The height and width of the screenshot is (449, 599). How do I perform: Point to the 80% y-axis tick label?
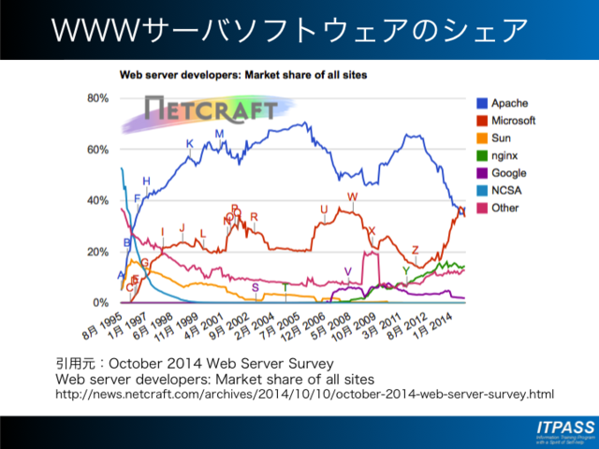tap(98, 98)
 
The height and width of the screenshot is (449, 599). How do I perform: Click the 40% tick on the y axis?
tap(98, 201)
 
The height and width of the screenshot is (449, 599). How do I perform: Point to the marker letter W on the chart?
tap(352, 196)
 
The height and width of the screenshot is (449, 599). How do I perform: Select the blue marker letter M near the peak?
tap(220, 134)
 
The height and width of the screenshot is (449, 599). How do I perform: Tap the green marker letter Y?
tap(405, 270)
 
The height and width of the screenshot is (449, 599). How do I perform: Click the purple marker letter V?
tap(347, 271)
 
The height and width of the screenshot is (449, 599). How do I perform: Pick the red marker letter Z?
tap(416, 251)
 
